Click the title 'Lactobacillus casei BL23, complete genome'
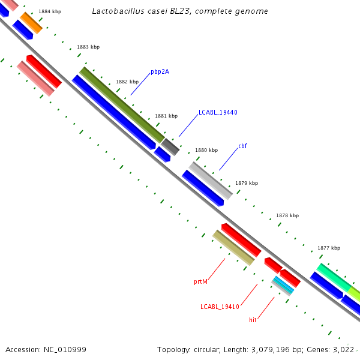pos(180,11)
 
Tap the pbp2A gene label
pos(160,72)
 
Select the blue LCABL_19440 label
pos(218,113)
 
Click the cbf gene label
pos(242,146)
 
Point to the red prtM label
pos(200,281)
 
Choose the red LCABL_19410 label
pos(220,307)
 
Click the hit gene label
pos(253,320)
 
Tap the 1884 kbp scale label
pos(49,11)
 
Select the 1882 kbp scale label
pos(127,82)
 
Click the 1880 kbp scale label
pos(206,150)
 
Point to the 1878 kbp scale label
pos(287,215)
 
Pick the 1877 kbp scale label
pos(329,248)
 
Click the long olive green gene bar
pos(122,105)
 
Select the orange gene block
pos(31,23)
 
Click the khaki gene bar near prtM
pos(233,247)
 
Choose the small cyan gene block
pos(283,285)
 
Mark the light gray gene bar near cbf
pos(211,180)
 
